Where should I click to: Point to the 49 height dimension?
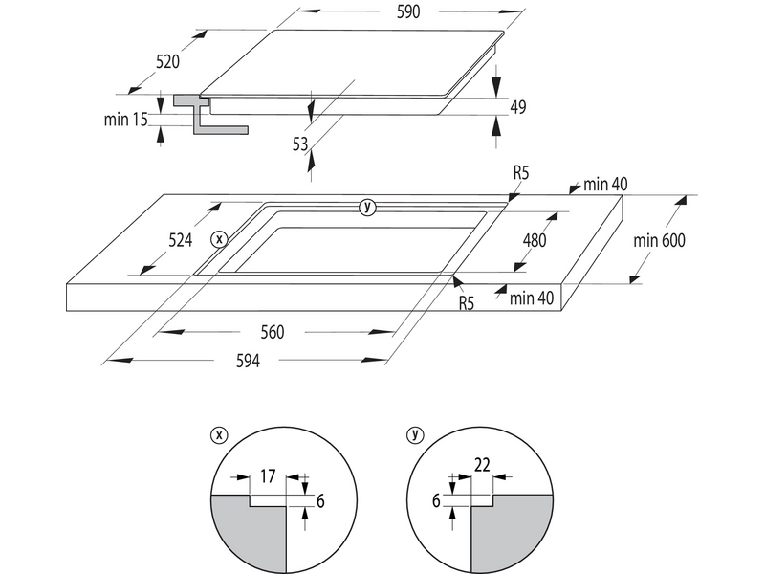click(x=518, y=107)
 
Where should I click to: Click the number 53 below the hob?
click(x=301, y=144)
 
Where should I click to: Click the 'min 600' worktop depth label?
click(x=660, y=241)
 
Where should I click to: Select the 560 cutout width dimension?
click(x=273, y=333)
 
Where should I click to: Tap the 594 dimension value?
click(x=247, y=361)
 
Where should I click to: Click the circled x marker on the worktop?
click(x=219, y=238)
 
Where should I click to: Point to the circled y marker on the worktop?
click(x=368, y=207)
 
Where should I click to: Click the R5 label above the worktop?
click(x=521, y=173)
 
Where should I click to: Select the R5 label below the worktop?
click(x=467, y=304)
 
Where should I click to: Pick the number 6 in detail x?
click(x=321, y=499)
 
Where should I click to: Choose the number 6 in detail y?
click(x=437, y=499)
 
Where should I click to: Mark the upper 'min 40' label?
click(x=605, y=184)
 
